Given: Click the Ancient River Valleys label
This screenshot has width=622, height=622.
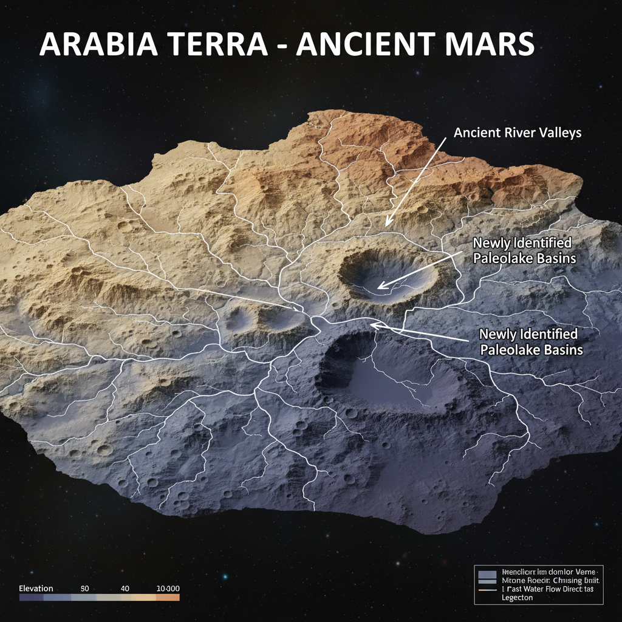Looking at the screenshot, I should coord(518,132).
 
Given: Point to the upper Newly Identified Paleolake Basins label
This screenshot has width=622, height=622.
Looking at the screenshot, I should coord(524,250).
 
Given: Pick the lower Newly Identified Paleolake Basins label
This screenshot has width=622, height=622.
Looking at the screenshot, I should coord(531,342).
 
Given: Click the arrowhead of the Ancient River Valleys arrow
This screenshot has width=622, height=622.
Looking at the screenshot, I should coord(387,224).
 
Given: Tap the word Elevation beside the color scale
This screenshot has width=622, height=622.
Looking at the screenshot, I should coord(36,589).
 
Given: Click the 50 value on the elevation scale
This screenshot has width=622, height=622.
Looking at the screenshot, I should coord(85,589).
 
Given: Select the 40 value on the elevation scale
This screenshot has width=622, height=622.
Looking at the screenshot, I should coord(126,589).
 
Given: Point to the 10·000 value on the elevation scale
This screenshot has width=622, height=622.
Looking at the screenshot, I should coord(168,589).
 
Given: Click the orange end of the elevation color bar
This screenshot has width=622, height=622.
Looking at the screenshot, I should coord(170,598).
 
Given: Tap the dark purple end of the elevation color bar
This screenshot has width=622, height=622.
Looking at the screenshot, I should coord(27,598).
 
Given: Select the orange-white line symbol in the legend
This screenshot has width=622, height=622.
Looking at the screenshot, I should coord(487,590).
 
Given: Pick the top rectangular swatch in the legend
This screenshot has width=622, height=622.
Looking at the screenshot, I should coord(487,573).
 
